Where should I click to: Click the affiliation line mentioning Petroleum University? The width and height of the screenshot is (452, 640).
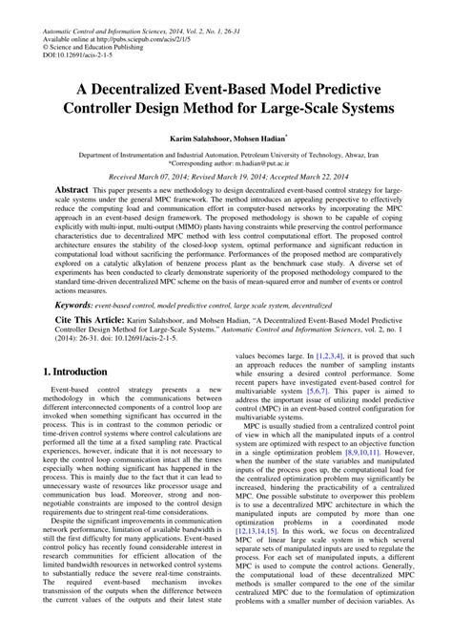pyautogui.click(x=225, y=152)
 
